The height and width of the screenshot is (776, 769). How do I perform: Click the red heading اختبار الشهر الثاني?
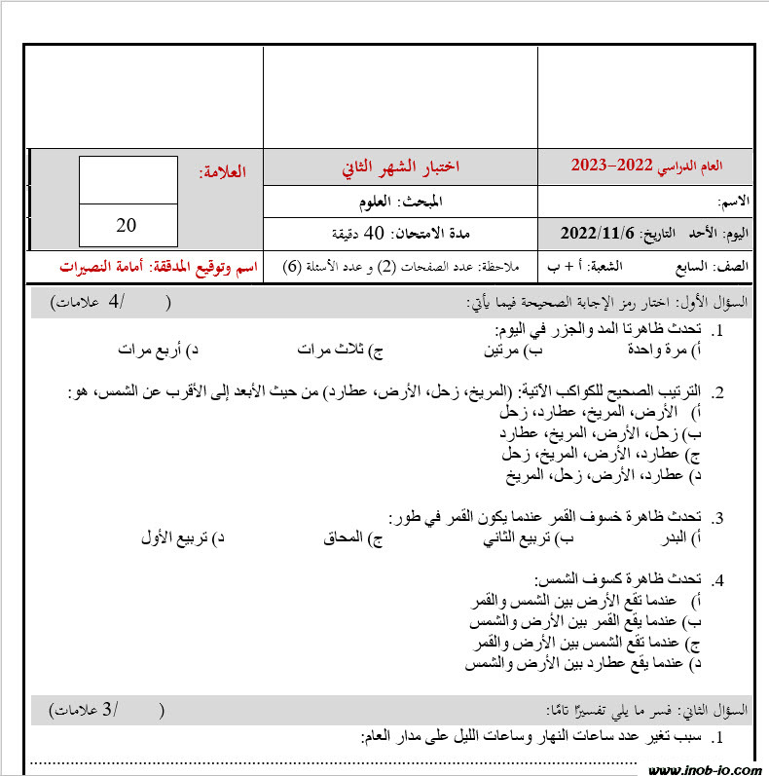coord(400,167)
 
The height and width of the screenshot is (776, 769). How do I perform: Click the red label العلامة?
coord(223,172)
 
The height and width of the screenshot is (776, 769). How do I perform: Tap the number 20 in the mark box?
coord(127,225)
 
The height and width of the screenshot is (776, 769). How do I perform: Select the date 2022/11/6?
coord(597,234)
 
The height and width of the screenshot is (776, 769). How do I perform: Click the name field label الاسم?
coord(733,202)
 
